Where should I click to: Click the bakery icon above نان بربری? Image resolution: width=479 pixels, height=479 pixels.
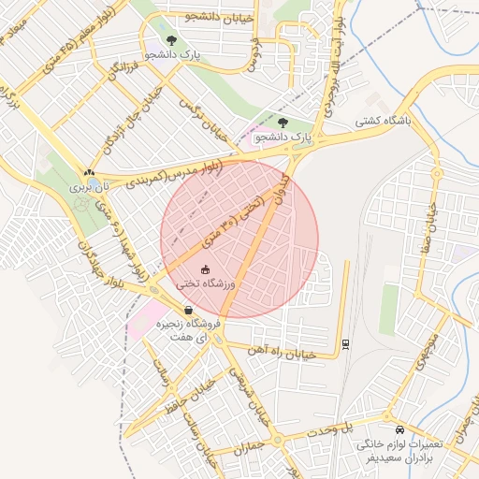click(x=89, y=172)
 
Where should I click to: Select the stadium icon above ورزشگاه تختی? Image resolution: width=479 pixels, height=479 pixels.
click(x=206, y=269)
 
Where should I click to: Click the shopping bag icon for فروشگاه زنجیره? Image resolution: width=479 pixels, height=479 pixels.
click(x=189, y=310)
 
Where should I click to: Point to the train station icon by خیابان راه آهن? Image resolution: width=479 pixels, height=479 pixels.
click(x=345, y=343)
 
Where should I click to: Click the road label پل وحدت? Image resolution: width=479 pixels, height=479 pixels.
click(x=337, y=426)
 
